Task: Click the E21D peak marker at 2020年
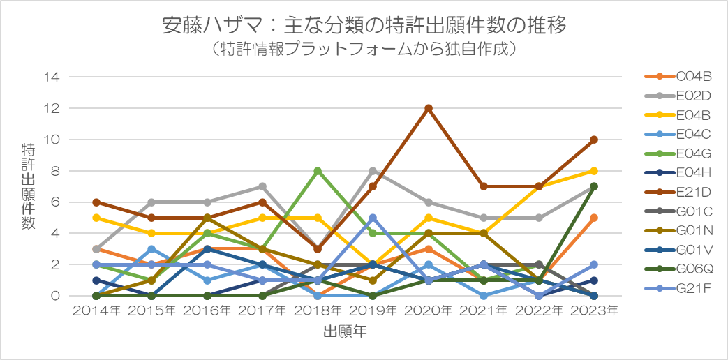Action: [428, 108]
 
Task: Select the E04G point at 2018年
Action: [318, 171]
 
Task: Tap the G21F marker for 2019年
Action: [373, 218]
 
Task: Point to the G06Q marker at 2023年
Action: [594, 186]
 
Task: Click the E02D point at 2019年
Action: [373, 171]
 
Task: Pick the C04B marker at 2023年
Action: [594, 218]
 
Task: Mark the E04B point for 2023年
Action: [594, 171]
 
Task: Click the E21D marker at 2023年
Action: [594, 140]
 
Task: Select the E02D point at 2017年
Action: [262, 186]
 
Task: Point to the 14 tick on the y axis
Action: [52, 77]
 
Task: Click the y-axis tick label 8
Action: [57, 171]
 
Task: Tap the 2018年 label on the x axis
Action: [318, 311]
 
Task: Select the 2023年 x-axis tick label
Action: [594, 311]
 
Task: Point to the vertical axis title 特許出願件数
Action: [28, 186]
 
